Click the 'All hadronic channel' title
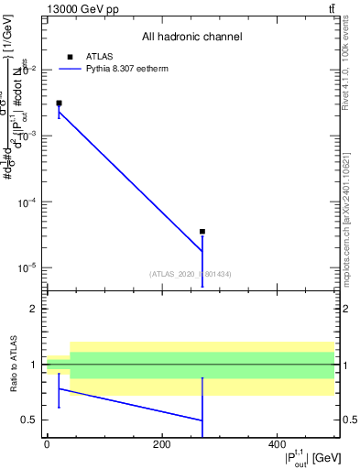192,38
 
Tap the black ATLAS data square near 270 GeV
202,232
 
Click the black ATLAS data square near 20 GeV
59,104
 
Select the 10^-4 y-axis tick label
29,202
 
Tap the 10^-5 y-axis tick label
29,268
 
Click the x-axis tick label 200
161,444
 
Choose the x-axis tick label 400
277,444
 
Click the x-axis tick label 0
47,444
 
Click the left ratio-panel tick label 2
35,309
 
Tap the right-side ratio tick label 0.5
348,420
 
